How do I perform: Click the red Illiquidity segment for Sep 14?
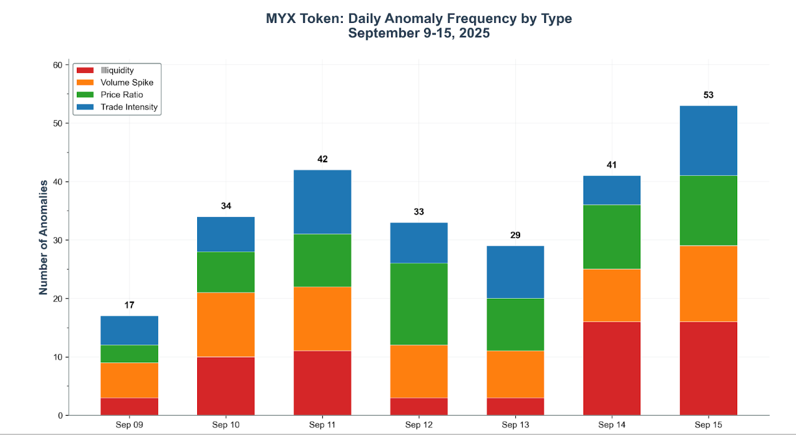(612, 368)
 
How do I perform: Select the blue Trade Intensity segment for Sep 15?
(709, 141)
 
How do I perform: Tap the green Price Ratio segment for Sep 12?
(418, 304)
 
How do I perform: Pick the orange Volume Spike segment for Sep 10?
(226, 325)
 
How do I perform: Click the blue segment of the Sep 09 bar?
(129, 330)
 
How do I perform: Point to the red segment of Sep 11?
(322, 383)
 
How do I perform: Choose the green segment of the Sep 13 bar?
(515, 325)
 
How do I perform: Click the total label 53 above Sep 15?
(709, 95)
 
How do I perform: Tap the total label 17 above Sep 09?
(129, 305)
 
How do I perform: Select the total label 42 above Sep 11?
(322, 159)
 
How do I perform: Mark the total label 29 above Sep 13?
(515, 235)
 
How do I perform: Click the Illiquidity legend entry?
(117, 71)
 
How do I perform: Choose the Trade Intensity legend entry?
(129, 107)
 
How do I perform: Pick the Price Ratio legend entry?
(122, 95)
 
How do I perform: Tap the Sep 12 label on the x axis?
(418, 425)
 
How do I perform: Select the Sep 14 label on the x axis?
(612, 425)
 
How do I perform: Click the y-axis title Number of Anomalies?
(43, 237)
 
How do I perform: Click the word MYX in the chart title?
(281, 19)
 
